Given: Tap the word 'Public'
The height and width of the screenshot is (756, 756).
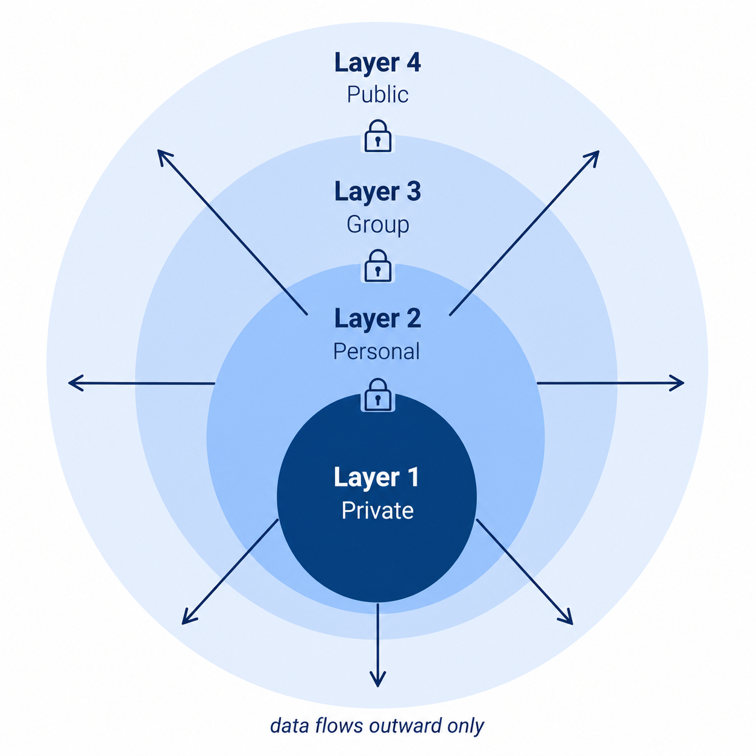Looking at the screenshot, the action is coord(377,95).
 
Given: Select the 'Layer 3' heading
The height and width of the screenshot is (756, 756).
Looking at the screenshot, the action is coord(377,192).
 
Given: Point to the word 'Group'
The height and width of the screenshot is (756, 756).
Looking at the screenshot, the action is coord(378,225).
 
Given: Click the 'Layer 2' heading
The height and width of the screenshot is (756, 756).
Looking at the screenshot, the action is coord(377,318).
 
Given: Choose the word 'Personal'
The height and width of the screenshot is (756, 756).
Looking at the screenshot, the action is coord(377,351).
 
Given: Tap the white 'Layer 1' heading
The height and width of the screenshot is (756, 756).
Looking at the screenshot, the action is coord(376,477).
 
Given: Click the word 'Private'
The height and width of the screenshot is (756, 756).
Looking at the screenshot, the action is coord(377,511).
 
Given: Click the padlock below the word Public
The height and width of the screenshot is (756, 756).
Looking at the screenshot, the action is coord(378,136).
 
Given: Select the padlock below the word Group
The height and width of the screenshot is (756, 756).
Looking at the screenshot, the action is coord(378,266).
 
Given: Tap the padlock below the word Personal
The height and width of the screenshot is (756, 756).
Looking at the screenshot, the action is coord(378,395).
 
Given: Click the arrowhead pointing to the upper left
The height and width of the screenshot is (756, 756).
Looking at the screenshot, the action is coord(163,157).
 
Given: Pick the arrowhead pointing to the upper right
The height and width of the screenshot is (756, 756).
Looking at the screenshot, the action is coord(593,157).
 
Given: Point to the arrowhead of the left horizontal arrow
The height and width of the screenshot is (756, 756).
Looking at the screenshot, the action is coord(75,383).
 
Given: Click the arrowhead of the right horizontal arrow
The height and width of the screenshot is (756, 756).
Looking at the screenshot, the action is coord(678,383).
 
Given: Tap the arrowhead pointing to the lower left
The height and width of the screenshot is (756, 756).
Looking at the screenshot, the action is coord(188,617).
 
